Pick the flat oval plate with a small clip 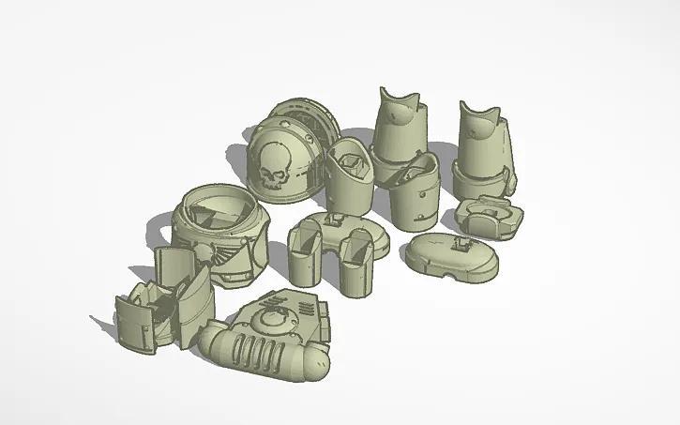(x=448, y=256)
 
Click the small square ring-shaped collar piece (x=489, y=218)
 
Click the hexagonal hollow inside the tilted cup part (x=354, y=165)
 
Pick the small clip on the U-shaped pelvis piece (x=333, y=220)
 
